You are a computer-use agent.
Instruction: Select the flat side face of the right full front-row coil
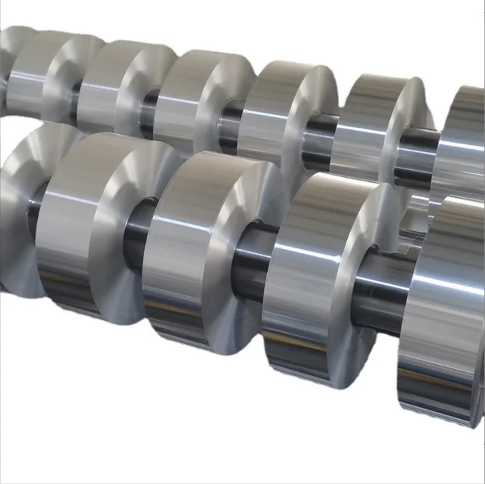click(x=357, y=271)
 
